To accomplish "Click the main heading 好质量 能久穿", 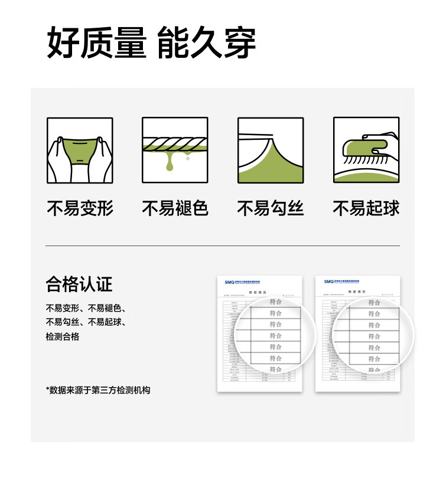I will point(151,42).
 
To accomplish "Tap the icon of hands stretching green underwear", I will point(80,150).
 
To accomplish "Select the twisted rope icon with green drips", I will point(175,150).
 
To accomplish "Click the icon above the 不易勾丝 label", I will point(271,150).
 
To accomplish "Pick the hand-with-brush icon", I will point(366,150).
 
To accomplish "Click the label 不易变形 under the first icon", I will point(80,208).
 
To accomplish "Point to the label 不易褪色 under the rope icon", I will point(175,208).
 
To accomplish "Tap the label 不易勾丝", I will point(271,208).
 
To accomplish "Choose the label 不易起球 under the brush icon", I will point(366,208).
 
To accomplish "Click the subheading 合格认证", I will point(79,284).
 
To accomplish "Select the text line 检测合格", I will point(63,336).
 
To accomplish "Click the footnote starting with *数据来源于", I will point(98,390).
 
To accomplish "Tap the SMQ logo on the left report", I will point(230,282).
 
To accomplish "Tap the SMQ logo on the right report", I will point(328,282).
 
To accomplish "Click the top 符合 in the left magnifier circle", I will point(276,302).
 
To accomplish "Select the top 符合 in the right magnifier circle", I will point(374,302).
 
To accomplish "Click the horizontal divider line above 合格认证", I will point(222,245).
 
